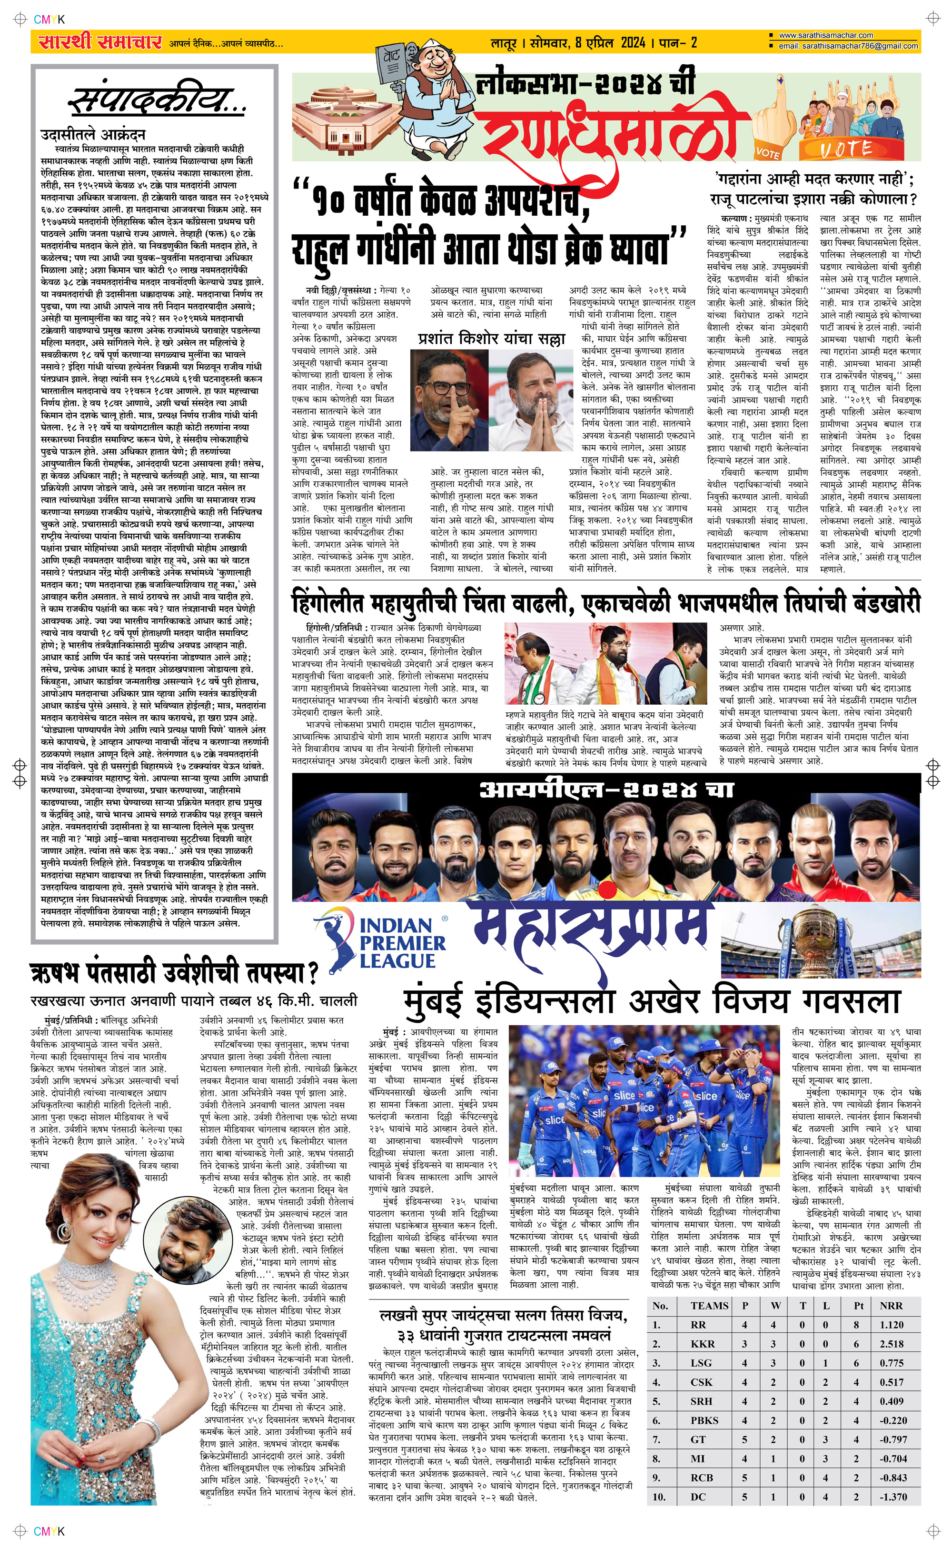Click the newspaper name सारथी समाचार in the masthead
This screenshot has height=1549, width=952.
click(x=99, y=43)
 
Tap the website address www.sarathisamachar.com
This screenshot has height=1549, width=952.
click(x=825, y=36)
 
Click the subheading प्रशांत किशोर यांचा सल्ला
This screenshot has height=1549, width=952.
click(x=491, y=338)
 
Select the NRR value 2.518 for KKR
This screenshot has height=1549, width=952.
click(x=892, y=1344)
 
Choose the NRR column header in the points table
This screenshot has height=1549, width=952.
click(x=891, y=1305)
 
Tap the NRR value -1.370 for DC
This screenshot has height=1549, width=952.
click(x=893, y=1497)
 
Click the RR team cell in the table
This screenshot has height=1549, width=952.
click(x=698, y=1325)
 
